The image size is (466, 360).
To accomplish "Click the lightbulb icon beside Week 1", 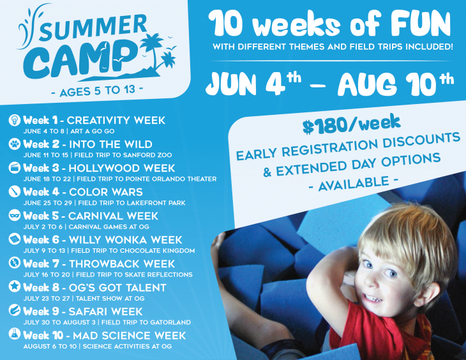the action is [14, 120].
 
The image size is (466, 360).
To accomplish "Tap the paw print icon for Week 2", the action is [14, 144].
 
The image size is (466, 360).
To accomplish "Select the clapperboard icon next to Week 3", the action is [14, 168].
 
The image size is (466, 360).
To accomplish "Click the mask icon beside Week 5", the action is [14, 216].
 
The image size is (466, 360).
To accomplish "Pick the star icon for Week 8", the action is [14, 287].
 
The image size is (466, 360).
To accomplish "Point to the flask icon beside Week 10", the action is [14, 334].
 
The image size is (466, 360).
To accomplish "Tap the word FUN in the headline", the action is [421, 24].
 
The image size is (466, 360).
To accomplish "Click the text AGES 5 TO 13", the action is [98, 91].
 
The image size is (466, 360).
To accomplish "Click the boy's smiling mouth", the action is [372, 297].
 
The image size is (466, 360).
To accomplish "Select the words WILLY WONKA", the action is [104, 240].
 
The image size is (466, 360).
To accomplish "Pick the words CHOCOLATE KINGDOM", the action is [157, 251].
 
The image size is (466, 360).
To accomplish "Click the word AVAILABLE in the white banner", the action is [354, 183].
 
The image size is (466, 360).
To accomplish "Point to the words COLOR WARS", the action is [106, 192].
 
